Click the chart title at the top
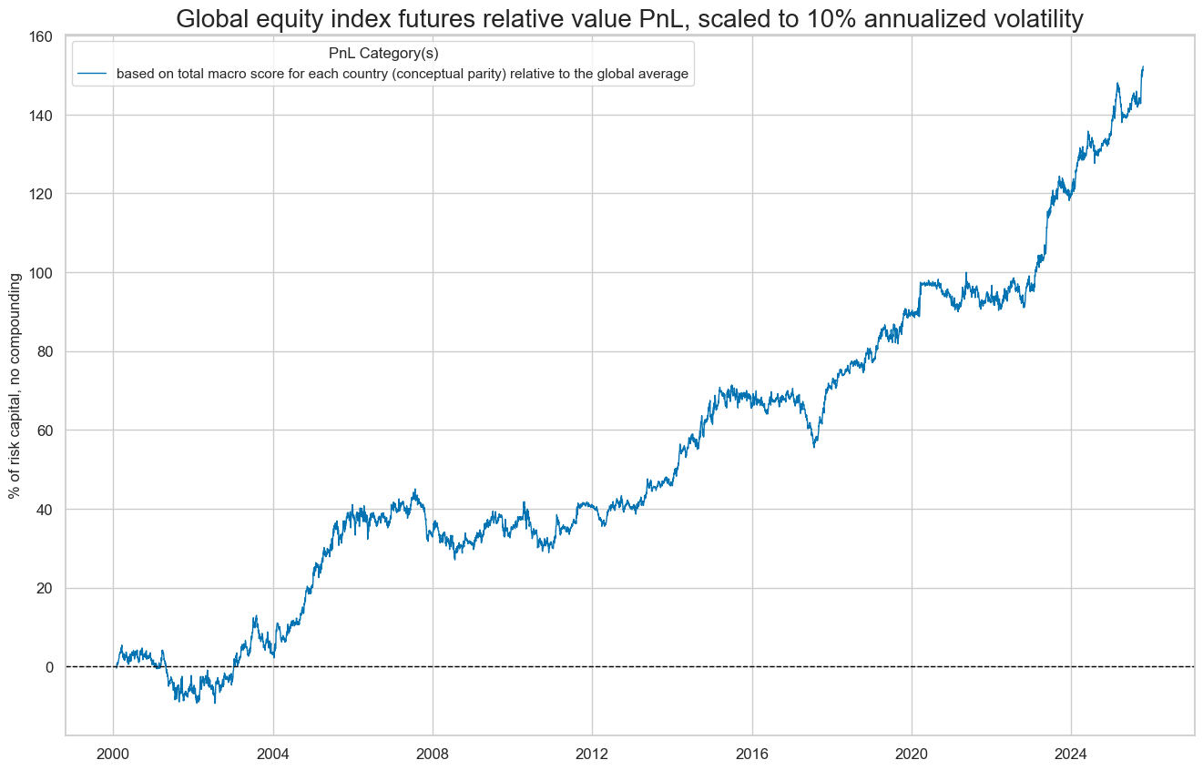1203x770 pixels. coord(629,18)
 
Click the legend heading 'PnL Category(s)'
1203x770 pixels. coord(383,54)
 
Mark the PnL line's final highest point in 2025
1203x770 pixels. coord(1143,66)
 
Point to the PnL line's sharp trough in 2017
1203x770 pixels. coord(814,446)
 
